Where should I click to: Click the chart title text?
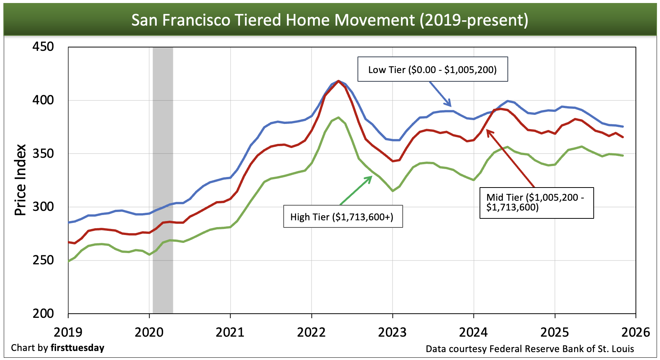click(x=330, y=20)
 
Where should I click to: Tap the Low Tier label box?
click(x=432, y=69)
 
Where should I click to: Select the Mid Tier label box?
click(x=536, y=203)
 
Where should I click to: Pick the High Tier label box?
click(x=343, y=217)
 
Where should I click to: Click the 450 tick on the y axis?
click(x=43, y=47)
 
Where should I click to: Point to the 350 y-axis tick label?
click(x=43, y=153)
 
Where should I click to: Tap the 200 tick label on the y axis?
click(x=43, y=313)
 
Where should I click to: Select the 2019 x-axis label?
click(x=68, y=332)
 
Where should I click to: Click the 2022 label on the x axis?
click(x=311, y=332)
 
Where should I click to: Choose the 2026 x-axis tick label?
click(x=636, y=332)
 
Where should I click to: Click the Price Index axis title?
click(x=20, y=180)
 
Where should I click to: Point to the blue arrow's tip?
click(x=450, y=106)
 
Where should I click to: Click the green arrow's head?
click(x=371, y=177)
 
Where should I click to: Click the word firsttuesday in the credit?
click(x=77, y=348)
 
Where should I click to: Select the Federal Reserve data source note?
click(x=530, y=349)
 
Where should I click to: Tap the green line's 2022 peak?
click(x=338, y=117)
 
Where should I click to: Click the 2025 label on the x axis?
click(x=555, y=332)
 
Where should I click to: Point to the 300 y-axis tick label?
click(x=43, y=207)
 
